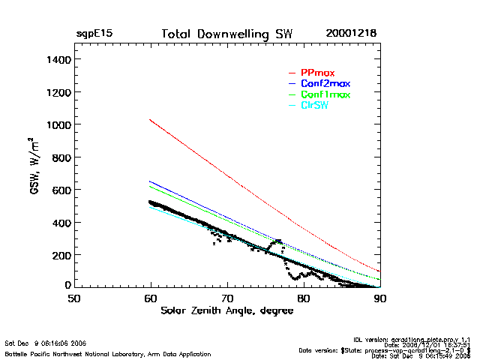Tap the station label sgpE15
[x=94, y=34]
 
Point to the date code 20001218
[x=351, y=34]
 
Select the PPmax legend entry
[x=316, y=72]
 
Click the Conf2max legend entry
[x=325, y=83]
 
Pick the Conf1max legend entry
[x=325, y=94]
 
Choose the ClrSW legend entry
[x=314, y=106]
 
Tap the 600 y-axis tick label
[x=59, y=190]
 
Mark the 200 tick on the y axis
[x=59, y=255]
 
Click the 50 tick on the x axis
[x=74, y=298]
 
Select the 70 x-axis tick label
[x=227, y=298]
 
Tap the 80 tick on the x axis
[x=304, y=298]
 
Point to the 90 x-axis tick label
[x=380, y=298]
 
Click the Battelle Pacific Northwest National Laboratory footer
[x=108, y=353]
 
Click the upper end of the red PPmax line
[x=151, y=120]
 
